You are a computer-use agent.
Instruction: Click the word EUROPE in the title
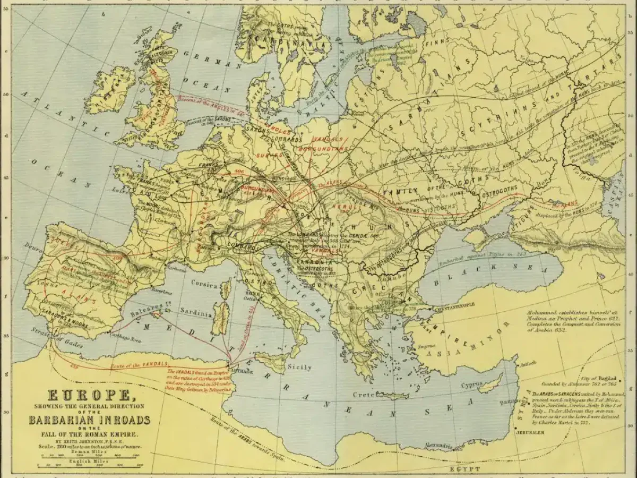click(89, 396)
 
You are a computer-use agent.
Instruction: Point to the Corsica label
click(205, 284)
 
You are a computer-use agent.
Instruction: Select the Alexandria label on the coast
click(438, 445)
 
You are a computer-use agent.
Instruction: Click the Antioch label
click(527, 364)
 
